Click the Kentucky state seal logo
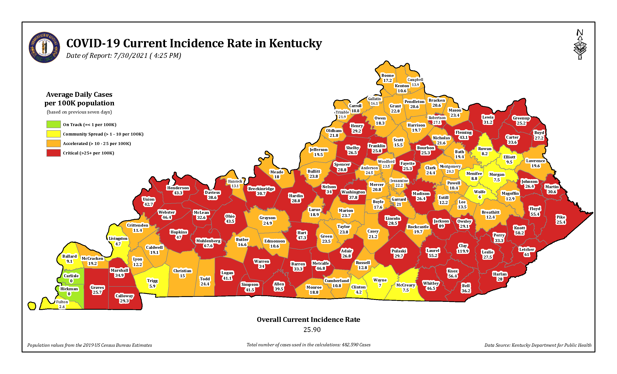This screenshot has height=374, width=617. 44,47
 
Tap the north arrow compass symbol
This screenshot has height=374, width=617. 580,44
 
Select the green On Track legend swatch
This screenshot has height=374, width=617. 53,124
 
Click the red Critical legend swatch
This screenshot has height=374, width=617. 53,153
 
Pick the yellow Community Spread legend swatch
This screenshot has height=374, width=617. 53,134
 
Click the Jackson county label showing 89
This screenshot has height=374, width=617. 441,224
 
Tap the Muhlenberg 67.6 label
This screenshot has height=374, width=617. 208,243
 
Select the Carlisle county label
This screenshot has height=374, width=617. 71,278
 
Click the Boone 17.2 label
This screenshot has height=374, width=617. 387,78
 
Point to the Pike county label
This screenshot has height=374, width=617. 561,220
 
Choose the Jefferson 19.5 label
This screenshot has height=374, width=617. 318,152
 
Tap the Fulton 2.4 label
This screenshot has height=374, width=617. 62,304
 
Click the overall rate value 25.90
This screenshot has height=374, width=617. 312,330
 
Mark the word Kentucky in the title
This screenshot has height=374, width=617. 295,43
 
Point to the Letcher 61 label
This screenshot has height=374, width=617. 527,252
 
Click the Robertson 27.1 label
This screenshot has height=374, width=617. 437,120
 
